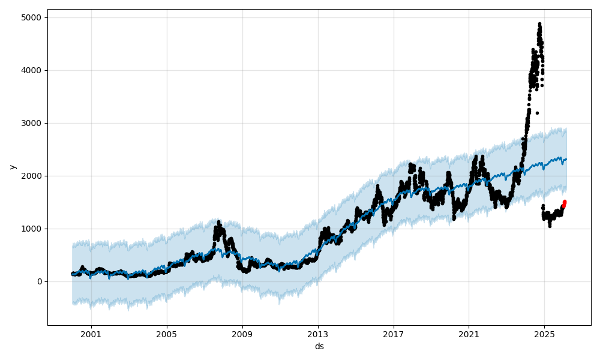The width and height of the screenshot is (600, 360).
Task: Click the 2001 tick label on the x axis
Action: coord(91,334)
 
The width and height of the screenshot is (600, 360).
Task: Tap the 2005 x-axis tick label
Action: coord(167,334)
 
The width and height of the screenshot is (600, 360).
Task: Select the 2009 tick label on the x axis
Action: coord(242,334)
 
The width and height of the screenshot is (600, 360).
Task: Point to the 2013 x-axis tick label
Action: coord(318,334)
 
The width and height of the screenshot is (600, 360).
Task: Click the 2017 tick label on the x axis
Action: coord(394,334)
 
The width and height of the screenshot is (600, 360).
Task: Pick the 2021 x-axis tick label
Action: coord(469,334)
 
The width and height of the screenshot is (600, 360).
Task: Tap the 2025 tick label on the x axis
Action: coord(544,334)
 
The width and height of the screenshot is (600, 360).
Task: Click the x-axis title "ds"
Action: coord(319,346)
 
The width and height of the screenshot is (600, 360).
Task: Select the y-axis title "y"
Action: coord(12,167)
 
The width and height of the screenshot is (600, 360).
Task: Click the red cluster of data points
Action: coord(564,204)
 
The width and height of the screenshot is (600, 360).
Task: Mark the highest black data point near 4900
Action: coord(539,24)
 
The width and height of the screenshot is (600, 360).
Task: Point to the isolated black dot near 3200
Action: coord(537,113)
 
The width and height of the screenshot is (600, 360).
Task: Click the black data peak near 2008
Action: coord(218,222)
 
